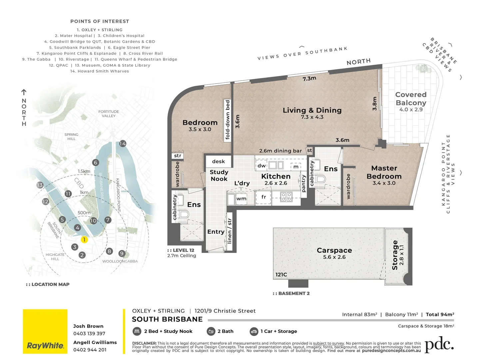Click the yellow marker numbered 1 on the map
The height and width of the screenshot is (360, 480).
pos(84,240)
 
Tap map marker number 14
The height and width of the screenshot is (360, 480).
pos(123,144)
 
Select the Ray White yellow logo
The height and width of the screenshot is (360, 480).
pos(45,331)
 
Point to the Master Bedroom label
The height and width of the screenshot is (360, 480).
pos(384,172)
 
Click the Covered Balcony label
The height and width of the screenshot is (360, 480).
pos(411,99)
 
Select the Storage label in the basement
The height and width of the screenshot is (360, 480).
pos(395,255)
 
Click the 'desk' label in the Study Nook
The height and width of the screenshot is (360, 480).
pos(219,162)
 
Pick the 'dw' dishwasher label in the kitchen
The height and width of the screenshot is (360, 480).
pos(262,166)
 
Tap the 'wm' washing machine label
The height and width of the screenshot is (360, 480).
pos(241,199)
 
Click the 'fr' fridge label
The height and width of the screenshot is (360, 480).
pos(263,197)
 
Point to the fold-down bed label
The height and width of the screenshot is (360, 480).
pos(228,120)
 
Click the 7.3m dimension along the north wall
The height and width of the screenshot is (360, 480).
pos(309,79)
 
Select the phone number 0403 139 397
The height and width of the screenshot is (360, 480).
pos(89,334)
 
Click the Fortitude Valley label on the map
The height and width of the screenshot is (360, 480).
pos(109,114)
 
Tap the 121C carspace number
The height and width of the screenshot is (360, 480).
pos(281,275)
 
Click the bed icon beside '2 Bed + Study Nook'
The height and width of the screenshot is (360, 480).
pos(137,331)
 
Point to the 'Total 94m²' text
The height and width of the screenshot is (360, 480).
pos(440,314)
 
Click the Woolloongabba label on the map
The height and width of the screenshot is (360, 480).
pos(120,261)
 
